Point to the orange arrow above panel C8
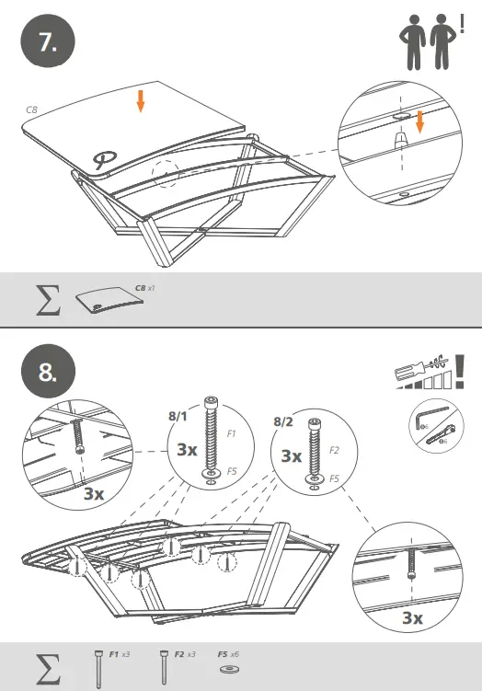(140, 101)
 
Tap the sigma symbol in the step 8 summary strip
(45, 666)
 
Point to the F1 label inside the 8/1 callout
(231, 431)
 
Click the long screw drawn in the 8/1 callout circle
(212, 442)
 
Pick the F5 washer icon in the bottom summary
(224, 665)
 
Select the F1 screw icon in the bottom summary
(98, 665)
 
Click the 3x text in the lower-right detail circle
(412, 617)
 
